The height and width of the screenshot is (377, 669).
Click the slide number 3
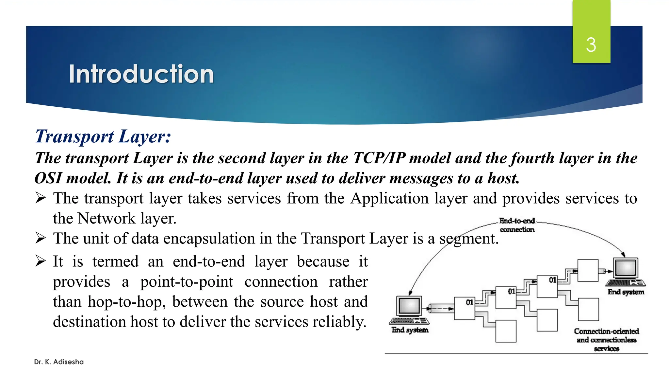click(591, 45)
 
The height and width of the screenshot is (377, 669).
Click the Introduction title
click(141, 74)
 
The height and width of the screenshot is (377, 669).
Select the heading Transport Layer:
click(103, 136)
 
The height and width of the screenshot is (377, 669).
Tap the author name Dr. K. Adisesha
click(59, 362)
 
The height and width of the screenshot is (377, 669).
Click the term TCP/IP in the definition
click(379, 158)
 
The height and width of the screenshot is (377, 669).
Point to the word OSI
click(48, 178)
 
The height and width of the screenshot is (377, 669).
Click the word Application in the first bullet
click(389, 198)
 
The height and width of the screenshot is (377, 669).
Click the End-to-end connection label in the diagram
click(517, 225)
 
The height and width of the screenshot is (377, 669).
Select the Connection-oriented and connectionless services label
click(607, 340)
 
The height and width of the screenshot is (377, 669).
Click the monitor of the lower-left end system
click(409, 306)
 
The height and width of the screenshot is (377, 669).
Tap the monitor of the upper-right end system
click(626, 268)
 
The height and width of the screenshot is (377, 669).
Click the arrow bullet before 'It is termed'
click(41, 261)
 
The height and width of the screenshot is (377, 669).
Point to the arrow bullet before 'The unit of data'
click(41, 238)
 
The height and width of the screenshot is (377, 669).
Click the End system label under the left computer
click(410, 330)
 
